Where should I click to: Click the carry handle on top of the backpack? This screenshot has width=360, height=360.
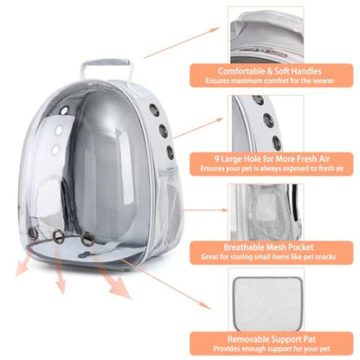pos(106,62)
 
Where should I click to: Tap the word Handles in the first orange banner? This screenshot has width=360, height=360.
pos(306,71)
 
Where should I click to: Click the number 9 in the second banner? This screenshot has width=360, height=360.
pos(217,159)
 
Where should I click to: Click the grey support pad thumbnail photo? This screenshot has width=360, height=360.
pos(267,304)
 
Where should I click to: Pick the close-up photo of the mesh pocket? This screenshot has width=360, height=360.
pos(266,212)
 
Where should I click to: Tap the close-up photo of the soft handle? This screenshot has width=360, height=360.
pos(267,35)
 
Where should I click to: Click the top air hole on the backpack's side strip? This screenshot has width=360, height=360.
pos(155,110)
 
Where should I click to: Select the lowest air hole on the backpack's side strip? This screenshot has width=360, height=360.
pos(170,152)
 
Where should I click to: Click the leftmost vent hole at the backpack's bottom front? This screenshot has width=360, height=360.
pos(32,230)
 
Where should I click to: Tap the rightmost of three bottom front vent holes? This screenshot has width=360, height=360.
pos(87,239)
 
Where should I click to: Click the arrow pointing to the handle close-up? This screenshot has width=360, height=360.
pos(182,43)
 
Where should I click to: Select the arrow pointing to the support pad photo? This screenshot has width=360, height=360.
pos(165,284)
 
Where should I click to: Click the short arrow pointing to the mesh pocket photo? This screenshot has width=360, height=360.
pos(206,210)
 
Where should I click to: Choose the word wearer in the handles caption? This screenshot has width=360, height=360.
pos(322,80)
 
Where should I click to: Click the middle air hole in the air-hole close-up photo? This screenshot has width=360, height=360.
pos(268,120)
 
